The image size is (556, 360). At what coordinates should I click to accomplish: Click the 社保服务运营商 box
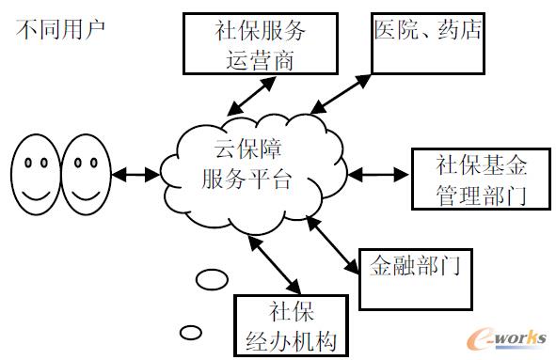261,42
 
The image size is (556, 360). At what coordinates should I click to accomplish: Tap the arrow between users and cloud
134,174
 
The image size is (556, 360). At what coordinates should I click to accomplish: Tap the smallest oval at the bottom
191,331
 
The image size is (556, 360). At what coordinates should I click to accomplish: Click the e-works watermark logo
505,337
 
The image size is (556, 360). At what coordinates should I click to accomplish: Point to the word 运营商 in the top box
261,58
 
